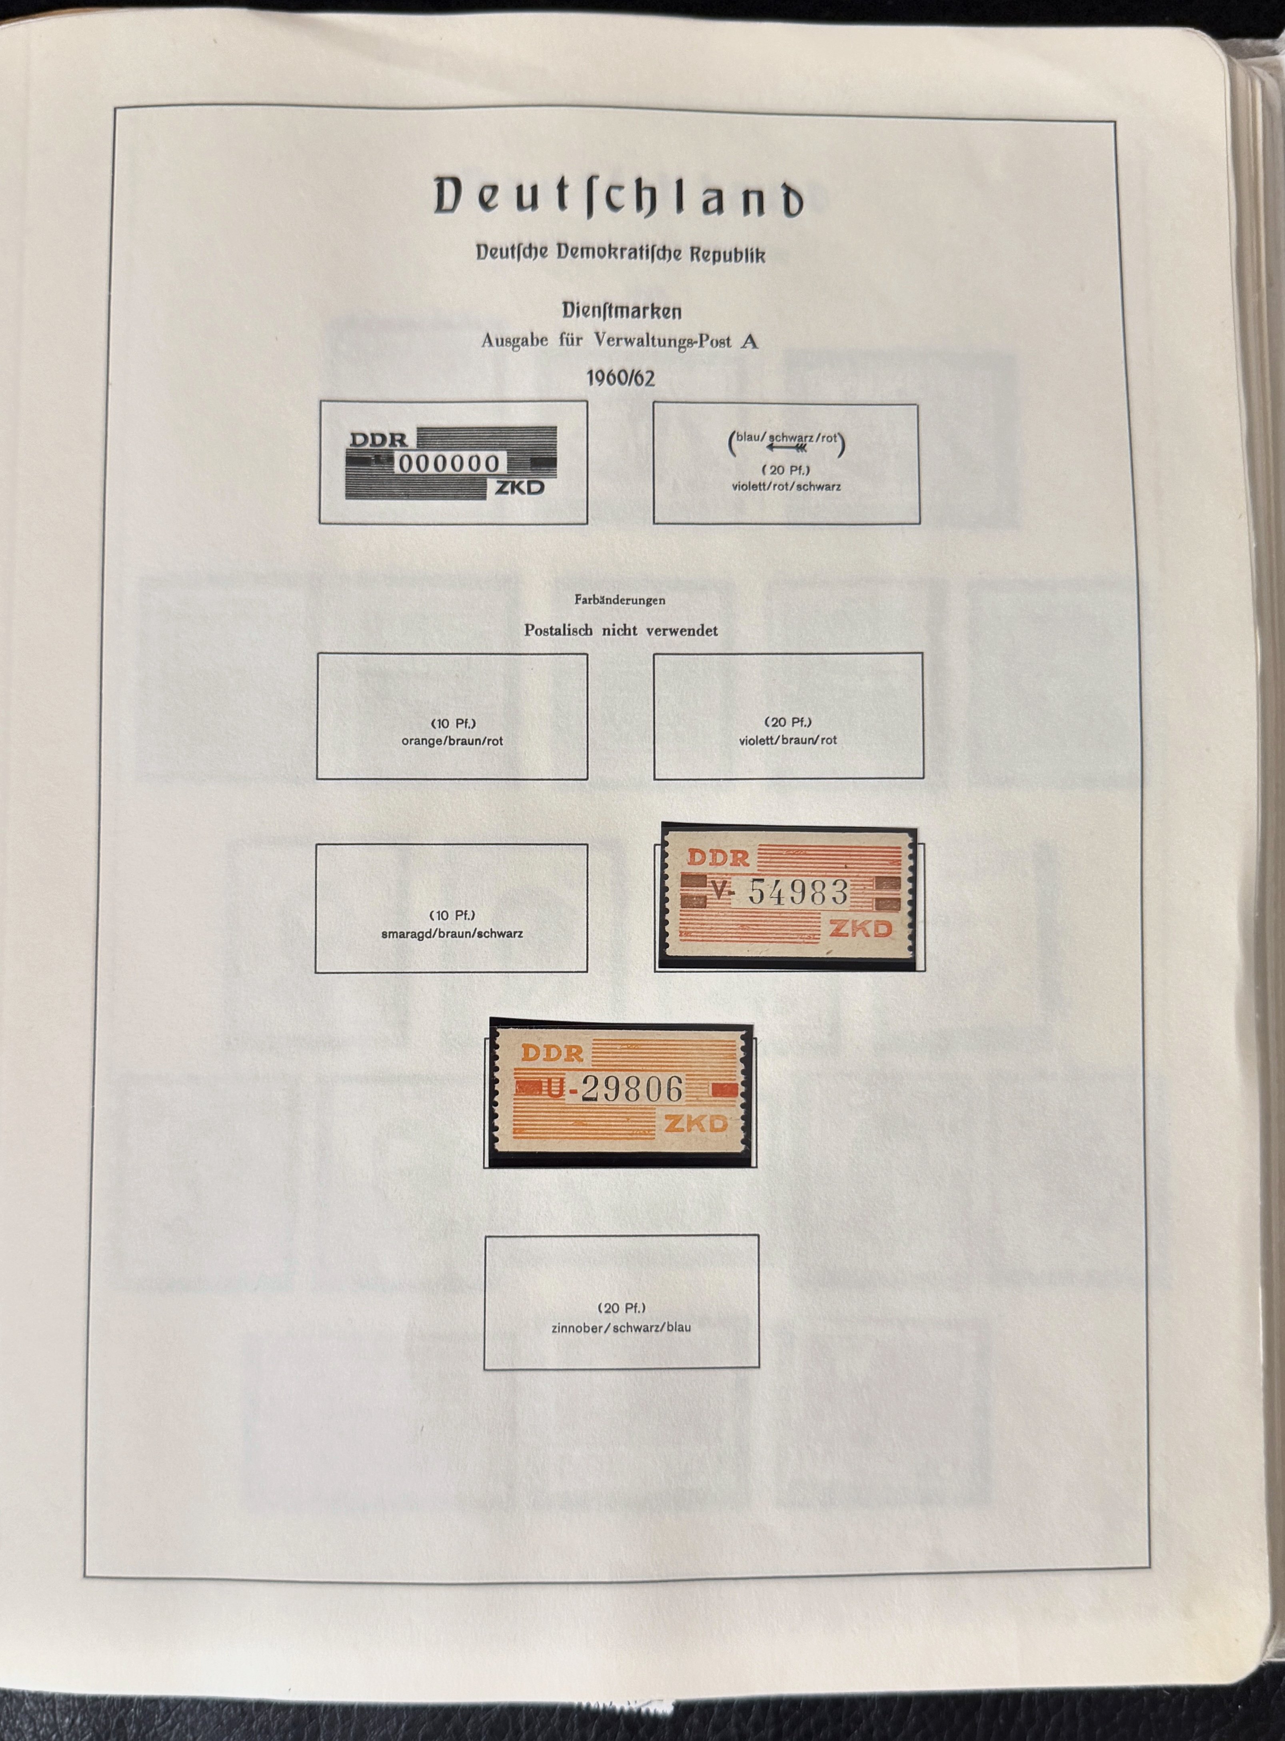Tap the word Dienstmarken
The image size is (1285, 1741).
coord(622,311)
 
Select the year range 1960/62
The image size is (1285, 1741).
coord(620,379)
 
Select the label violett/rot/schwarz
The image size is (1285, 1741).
coord(785,487)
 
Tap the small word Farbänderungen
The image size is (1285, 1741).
coord(620,600)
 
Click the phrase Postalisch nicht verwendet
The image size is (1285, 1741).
coord(621,630)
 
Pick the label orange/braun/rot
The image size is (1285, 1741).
coord(452,741)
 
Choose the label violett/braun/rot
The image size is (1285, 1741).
coord(788,740)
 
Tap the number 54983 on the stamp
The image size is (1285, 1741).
coord(798,893)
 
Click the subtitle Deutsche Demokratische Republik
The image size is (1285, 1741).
coord(620,253)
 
